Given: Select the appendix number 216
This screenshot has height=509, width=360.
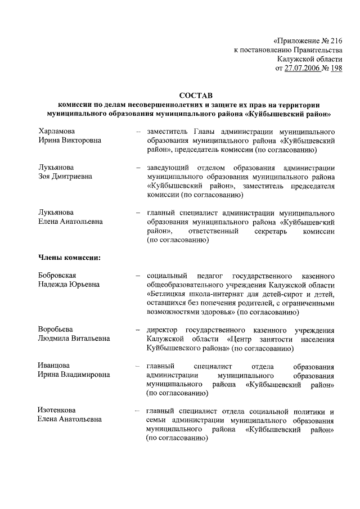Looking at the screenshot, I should coord(335,40).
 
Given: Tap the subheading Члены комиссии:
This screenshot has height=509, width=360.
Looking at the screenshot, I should coord(70,258).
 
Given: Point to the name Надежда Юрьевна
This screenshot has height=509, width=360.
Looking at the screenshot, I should coord(69,285).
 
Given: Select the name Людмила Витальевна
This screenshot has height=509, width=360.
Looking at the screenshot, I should coord(74,339).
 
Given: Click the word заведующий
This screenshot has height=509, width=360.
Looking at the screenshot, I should coord(168,168).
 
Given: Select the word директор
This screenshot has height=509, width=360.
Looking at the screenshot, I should coord(165,330).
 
